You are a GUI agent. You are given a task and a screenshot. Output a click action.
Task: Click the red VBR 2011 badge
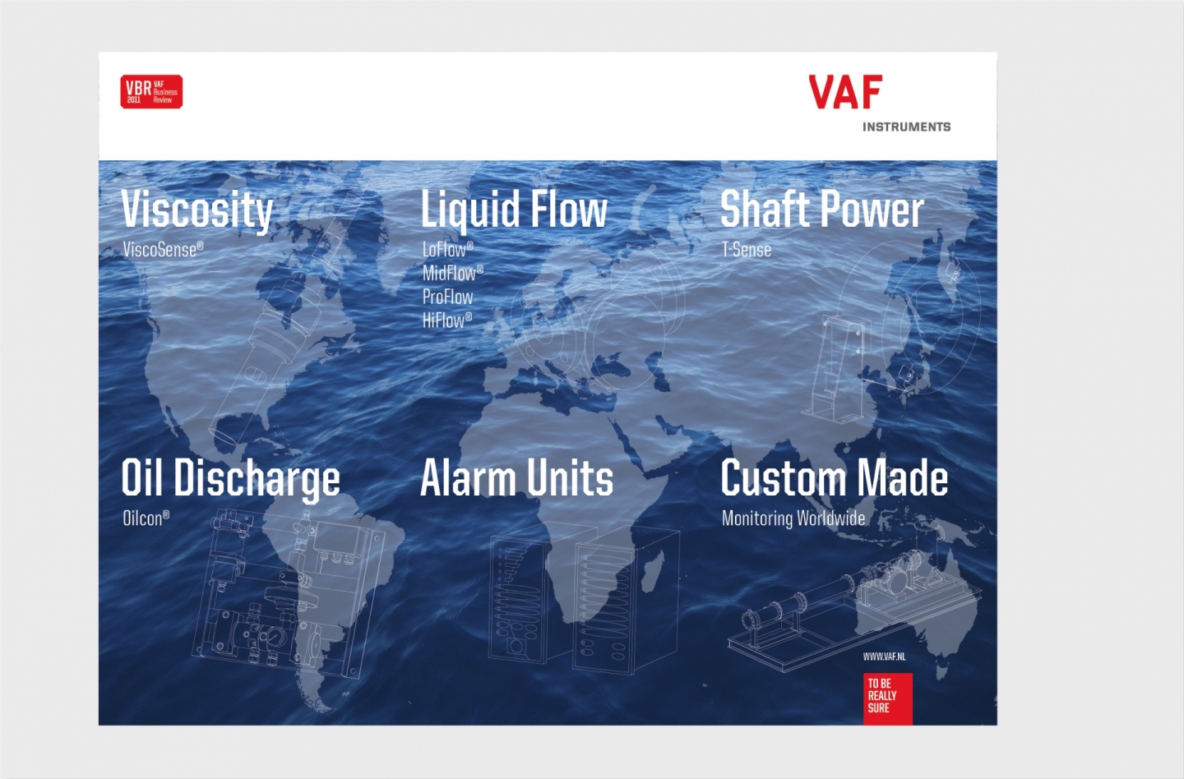[151, 92]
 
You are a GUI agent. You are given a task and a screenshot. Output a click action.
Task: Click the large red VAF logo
[846, 92]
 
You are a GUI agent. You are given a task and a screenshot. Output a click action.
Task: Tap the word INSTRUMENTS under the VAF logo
[906, 127]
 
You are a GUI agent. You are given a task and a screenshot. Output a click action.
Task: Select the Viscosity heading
[197, 210]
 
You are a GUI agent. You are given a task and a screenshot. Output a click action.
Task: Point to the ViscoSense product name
[163, 249]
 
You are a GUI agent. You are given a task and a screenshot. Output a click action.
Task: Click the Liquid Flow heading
[514, 210]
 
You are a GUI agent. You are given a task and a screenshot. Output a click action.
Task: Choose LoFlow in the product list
[447, 249]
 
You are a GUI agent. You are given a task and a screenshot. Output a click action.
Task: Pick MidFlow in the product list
[452, 273]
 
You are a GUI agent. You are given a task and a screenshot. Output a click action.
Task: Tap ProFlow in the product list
[447, 297]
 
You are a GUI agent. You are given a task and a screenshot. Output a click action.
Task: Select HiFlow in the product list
[446, 320]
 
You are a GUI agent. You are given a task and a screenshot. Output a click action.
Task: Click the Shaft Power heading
[822, 210]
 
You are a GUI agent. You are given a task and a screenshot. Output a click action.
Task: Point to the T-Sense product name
[747, 249]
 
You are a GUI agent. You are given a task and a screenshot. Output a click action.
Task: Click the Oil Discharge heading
[231, 478]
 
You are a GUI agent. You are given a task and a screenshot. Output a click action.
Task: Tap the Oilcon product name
[146, 519]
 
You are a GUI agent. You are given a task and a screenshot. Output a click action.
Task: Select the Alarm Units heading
[516, 477]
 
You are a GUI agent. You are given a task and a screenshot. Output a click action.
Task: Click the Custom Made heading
[834, 477]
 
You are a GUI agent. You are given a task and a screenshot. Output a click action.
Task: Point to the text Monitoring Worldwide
[793, 519]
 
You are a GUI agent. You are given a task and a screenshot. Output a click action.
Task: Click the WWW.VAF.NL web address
[885, 657]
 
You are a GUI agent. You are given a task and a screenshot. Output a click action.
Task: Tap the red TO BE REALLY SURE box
[888, 698]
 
